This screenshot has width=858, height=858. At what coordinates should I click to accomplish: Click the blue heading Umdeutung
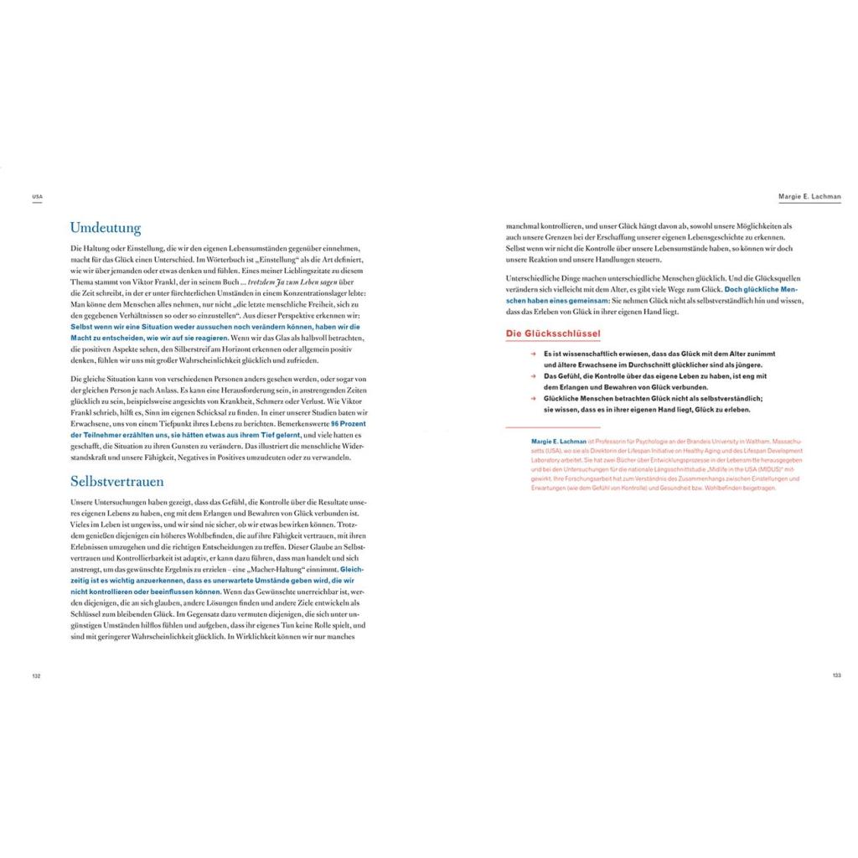coord(105,228)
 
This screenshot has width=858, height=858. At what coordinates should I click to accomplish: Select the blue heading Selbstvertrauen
coord(116,482)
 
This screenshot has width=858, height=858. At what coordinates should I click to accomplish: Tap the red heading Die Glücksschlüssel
coord(553,333)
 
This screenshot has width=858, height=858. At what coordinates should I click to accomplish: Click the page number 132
coord(36,675)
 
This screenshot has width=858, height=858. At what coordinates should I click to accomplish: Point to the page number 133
coord(836,675)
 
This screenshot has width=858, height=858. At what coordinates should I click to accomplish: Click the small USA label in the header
coord(37,197)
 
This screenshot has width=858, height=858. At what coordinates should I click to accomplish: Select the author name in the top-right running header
coord(809,197)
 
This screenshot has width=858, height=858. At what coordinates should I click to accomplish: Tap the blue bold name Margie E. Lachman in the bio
coord(559,441)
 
